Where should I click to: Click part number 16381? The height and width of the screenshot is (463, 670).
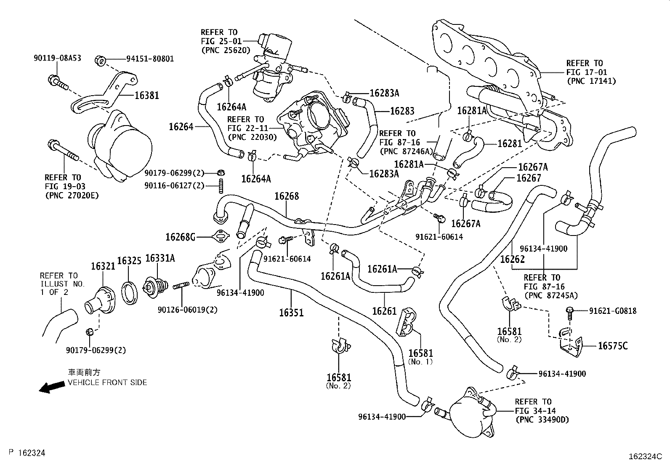[147, 96]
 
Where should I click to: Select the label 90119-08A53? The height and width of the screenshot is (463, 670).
[57, 59]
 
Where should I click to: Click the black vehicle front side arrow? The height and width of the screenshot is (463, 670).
[50, 387]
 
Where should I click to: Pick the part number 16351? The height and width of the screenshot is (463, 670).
[291, 313]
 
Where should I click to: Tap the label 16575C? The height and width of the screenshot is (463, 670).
[613, 346]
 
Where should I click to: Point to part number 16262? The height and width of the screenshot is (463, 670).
[512, 259]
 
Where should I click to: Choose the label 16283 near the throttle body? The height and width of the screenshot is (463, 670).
[402, 111]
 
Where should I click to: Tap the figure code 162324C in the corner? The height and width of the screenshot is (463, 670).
[645, 456]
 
